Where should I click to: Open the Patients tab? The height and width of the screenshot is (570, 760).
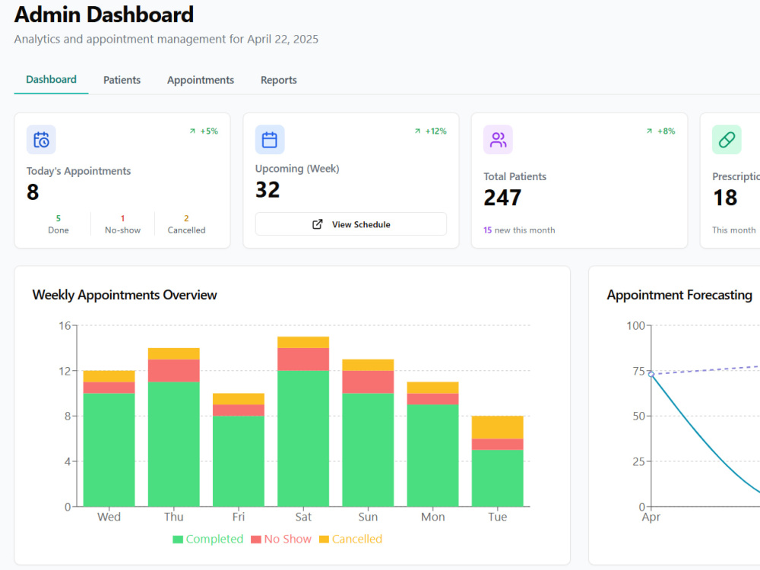coord(122,80)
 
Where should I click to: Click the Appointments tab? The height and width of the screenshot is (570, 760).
coord(200,80)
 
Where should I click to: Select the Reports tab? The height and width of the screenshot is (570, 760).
coord(279,80)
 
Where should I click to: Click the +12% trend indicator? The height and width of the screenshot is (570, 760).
coord(430,131)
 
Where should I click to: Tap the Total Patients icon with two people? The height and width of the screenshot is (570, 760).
coord(498,140)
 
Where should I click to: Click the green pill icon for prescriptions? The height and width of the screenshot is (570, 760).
coord(727,140)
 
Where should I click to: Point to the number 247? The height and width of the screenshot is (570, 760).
coord(502,198)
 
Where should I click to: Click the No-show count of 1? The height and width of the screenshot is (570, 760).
coord(122,218)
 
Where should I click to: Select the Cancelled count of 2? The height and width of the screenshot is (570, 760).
coord(186,218)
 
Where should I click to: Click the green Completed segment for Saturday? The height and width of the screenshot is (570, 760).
coord(303,439)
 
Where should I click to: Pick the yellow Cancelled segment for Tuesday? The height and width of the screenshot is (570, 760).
coord(497,427)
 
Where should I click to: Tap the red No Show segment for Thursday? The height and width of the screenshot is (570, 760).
coord(173,371)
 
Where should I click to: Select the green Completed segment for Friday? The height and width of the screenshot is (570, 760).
coord(239,461)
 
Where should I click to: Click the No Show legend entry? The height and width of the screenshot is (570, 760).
coord(281,539)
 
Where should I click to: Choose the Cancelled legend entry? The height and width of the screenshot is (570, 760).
coord(350,539)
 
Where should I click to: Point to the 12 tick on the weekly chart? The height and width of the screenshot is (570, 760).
coord(65,372)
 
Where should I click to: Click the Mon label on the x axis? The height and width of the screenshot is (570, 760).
coord(433,517)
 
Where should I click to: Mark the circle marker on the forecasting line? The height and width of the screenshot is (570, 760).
coord(651,374)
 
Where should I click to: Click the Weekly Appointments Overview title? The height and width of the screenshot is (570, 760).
coord(125,295)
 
